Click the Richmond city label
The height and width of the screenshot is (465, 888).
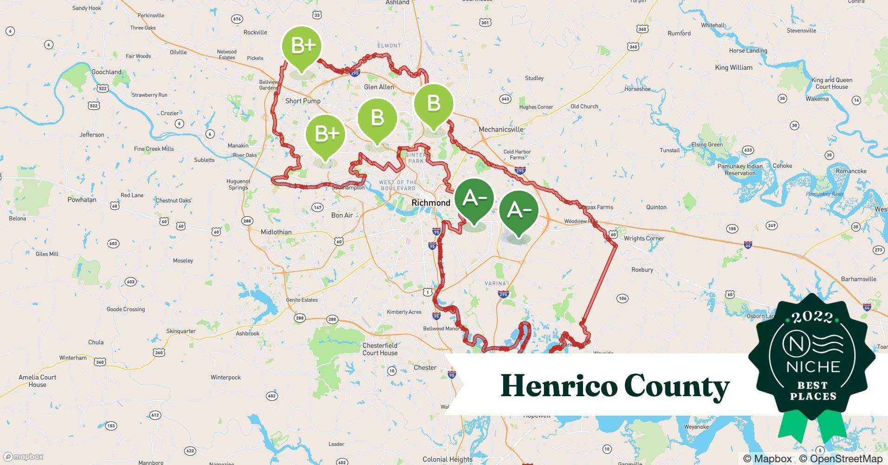(x=431, y=203)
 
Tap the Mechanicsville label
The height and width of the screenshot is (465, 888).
(x=501, y=129)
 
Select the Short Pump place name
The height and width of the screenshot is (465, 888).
(x=303, y=101)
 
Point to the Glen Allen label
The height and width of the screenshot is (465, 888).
(x=379, y=87)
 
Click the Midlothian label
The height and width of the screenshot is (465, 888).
(x=276, y=232)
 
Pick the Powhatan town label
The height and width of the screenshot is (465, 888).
(x=82, y=200)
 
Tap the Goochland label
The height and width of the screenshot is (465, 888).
(x=106, y=72)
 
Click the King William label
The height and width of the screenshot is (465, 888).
(x=734, y=67)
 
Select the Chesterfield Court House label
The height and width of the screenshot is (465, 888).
(x=380, y=349)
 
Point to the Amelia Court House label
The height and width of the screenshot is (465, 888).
(x=37, y=381)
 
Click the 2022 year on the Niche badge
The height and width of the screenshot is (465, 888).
(x=813, y=317)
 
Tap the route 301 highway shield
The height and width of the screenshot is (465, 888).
(x=485, y=22)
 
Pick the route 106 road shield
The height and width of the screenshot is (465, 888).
(x=623, y=298)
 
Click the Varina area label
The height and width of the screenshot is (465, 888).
(x=495, y=283)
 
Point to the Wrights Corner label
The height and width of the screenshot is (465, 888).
(x=644, y=239)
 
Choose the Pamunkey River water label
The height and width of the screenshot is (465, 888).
(x=824, y=194)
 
